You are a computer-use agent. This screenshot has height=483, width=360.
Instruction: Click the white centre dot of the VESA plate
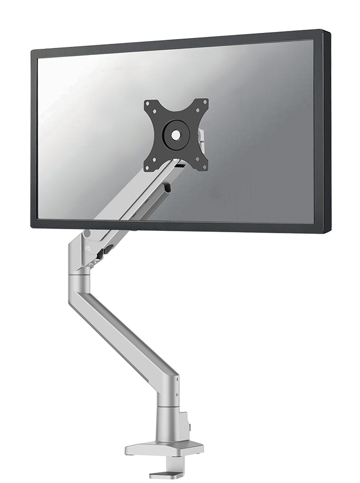pos(176,135)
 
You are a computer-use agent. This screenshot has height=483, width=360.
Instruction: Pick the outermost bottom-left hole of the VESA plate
pos(148,167)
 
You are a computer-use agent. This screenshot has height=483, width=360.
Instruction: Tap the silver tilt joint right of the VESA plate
pos(201,138)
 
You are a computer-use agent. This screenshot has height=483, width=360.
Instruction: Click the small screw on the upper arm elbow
pos(89,248)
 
